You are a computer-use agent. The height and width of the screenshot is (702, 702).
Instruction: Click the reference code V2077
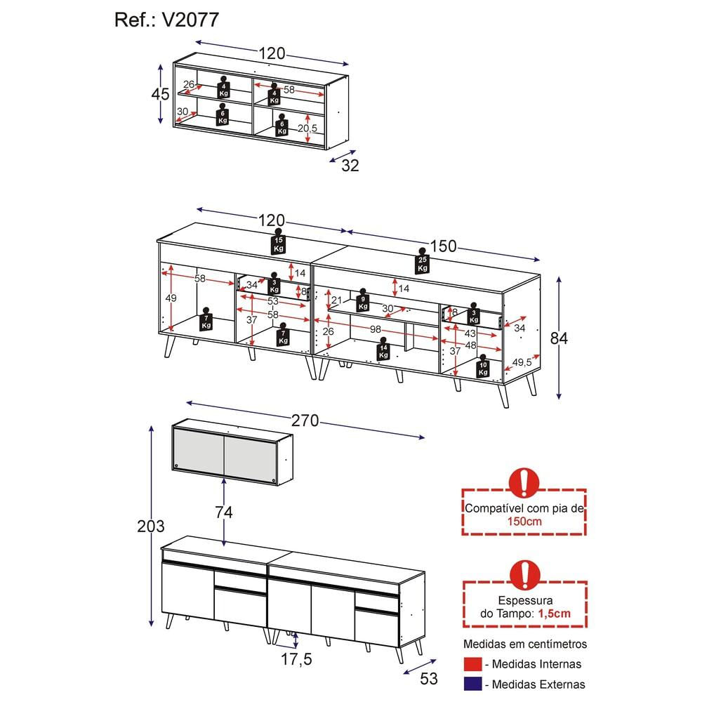click(190, 20)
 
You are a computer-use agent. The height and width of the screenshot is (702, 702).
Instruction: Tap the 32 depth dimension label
click(350, 166)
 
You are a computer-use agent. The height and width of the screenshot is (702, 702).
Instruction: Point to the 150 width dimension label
click(443, 246)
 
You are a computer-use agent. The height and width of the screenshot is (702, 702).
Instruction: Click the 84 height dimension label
click(559, 338)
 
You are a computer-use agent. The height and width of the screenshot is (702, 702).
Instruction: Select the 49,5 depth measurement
click(521, 362)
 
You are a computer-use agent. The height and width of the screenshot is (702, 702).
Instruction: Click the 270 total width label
click(305, 420)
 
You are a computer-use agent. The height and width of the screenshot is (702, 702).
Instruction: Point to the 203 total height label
click(151, 526)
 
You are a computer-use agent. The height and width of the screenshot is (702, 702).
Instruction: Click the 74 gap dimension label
click(223, 512)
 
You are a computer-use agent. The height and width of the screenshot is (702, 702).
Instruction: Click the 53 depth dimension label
click(428, 679)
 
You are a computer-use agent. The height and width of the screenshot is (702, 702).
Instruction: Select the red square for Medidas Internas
click(474, 664)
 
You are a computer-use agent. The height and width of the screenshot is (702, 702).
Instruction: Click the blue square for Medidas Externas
click(474, 684)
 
